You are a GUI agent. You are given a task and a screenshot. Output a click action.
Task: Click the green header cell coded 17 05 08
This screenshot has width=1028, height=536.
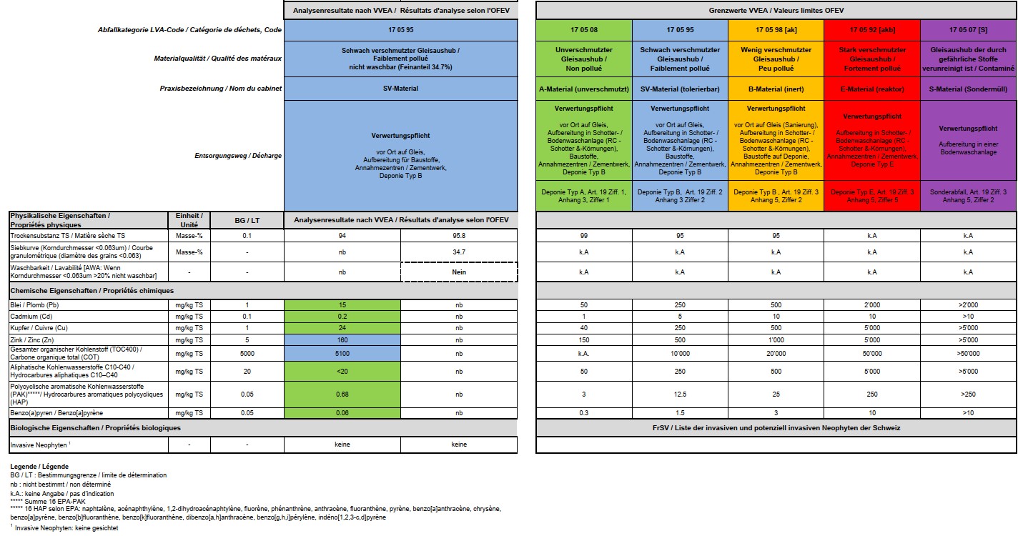(x=583, y=30)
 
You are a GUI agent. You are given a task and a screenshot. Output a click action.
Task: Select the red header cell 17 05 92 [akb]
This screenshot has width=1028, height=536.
(x=871, y=30)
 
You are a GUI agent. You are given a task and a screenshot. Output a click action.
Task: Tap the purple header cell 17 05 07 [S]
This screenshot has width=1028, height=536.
(x=967, y=30)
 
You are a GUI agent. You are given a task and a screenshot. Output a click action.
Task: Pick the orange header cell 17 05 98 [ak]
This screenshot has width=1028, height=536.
(x=775, y=30)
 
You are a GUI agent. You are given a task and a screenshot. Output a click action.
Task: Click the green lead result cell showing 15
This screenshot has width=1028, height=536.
(x=342, y=305)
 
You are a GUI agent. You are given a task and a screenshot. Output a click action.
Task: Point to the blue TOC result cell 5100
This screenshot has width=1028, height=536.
(x=342, y=352)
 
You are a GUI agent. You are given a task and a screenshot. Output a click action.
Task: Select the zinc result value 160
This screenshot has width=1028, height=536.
(x=342, y=339)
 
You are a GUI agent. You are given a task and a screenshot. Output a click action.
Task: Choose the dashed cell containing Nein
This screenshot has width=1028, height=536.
(x=459, y=272)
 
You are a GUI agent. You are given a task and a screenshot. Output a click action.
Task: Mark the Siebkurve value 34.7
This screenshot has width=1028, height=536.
(x=459, y=252)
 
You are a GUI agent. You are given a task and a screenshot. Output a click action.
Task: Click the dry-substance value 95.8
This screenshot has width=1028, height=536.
(x=459, y=235)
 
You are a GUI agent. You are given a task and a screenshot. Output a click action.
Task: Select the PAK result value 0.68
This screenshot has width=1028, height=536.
(x=342, y=394)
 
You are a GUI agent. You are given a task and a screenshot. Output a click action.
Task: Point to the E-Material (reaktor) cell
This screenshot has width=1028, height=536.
(x=871, y=89)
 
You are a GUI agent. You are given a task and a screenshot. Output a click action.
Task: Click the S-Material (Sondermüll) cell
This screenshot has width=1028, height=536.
(x=967, y=89)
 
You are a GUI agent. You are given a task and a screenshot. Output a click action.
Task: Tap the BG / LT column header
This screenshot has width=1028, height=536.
(x=247, y=219)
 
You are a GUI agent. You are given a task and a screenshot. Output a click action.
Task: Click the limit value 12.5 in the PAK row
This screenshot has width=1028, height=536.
(x=679, y=394)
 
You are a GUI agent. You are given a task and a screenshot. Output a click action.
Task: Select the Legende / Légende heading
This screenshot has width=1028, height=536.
(x=39, y=466)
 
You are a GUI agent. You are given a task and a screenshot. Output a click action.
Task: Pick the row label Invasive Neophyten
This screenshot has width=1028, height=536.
(x=39, y=445)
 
